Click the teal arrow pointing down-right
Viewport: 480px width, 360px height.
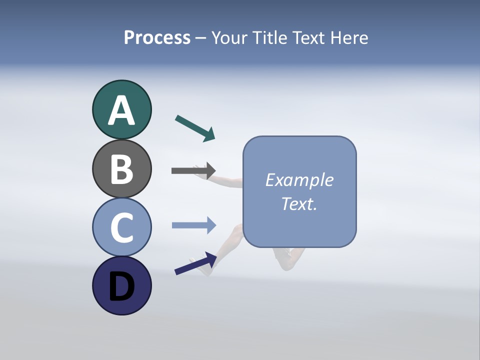pos(195,128)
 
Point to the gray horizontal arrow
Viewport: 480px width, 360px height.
pos(193,170)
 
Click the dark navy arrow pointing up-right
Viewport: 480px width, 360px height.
pos(195,263)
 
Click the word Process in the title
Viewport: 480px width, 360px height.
pos(157,38)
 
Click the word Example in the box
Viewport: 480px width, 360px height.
pos(299,180)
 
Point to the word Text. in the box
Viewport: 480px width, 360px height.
pos(299,204)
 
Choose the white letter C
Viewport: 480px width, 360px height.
pos(121,227)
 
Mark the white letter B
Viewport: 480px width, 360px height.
pos(121,169)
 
